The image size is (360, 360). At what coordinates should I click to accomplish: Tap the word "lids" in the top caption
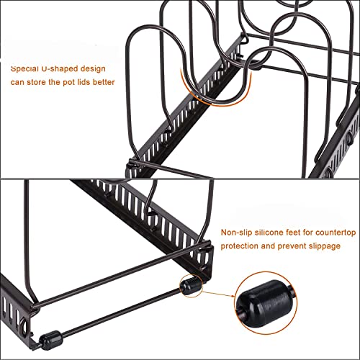click(83, 82)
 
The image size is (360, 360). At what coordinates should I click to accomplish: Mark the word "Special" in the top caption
click(24, 69)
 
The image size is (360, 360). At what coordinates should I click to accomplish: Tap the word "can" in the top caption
click(17, 83)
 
